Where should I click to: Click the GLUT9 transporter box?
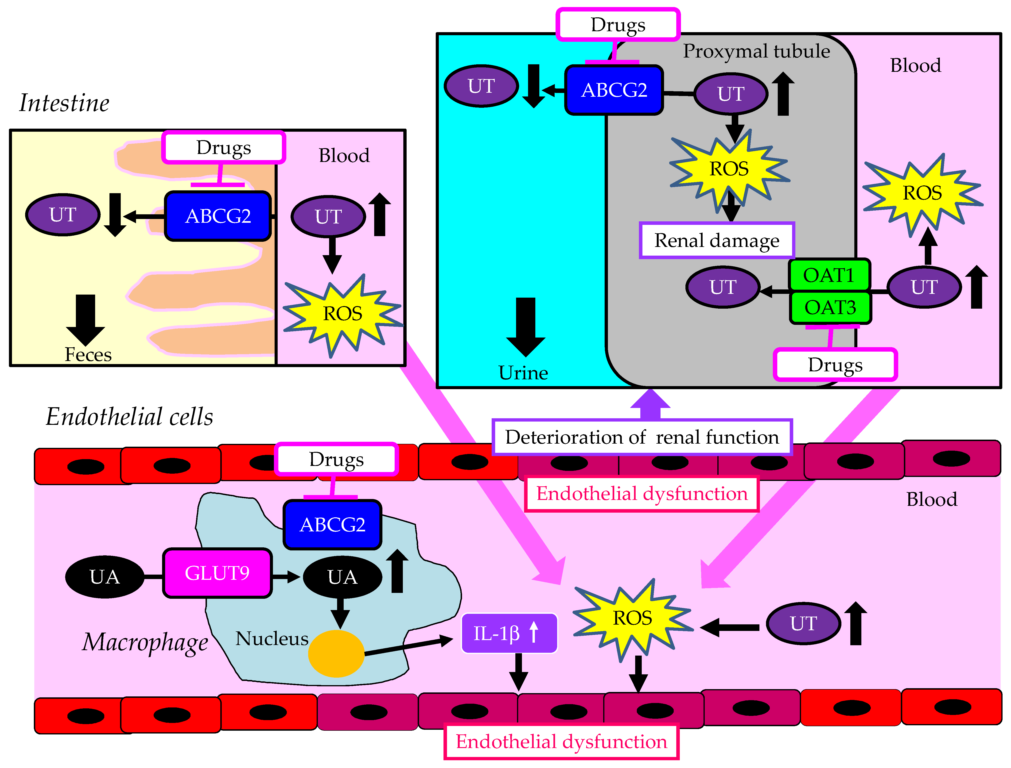[x=217, y=573]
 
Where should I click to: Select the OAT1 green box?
[x=829, y=275]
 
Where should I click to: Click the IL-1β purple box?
[x=509, y=633]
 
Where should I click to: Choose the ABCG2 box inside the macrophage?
[x=333, y=524]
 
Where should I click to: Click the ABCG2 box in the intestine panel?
[x=218, y=216]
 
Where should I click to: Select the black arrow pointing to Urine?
[x=526, y=327]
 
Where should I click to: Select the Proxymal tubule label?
[x=756, y=51]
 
